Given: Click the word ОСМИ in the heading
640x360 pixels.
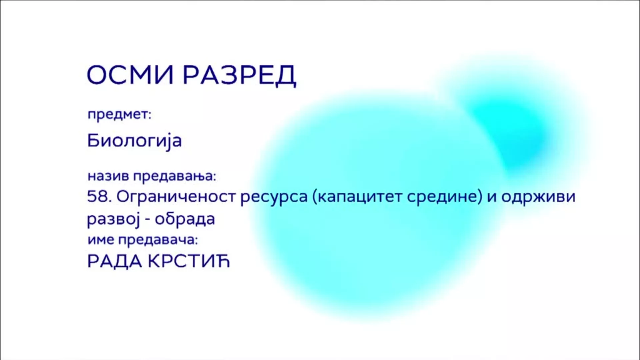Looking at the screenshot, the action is pos(130,74).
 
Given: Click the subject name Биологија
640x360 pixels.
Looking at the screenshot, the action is pos(134,141).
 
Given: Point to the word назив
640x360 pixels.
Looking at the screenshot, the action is pos(108,176).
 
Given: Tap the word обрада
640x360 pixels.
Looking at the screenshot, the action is pos(185,219).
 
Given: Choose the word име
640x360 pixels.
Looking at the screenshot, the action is pos(101,240).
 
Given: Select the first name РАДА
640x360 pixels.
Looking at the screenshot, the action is pos(115,262).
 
